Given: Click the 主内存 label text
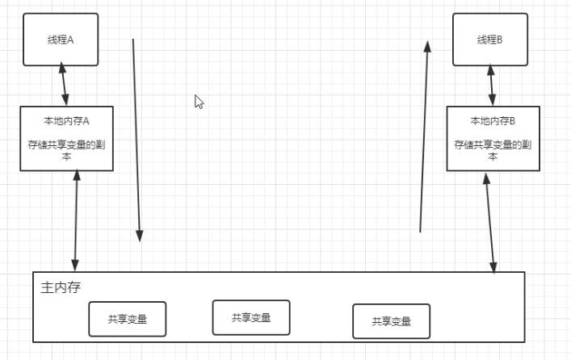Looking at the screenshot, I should pos(61,287).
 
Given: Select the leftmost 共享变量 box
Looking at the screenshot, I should pos(128,319).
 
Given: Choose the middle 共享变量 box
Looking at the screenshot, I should pos(251,317).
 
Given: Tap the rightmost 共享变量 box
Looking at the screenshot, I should pos(391,320).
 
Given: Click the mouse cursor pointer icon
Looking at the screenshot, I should pos(199,102).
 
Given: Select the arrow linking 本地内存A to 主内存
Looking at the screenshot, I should pos(76,220).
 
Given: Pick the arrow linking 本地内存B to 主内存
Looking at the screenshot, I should pos(489,222).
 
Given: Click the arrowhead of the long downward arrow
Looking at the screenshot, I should pos(140,235).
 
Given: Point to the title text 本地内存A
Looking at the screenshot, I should pos(66,121).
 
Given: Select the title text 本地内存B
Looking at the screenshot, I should pos(493,121).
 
